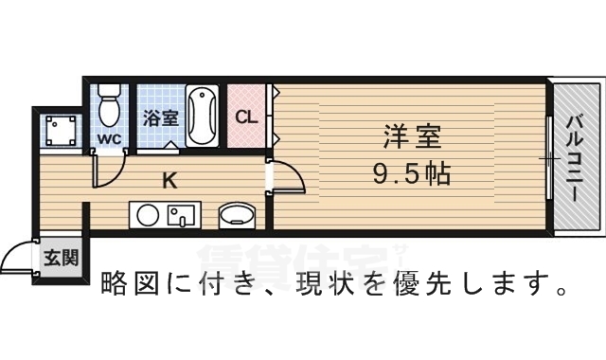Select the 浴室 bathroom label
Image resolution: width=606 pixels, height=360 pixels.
pos(161,118)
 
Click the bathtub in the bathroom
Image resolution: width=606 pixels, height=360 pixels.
pos(203,116)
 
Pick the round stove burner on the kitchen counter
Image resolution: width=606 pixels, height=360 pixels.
pos(148,216)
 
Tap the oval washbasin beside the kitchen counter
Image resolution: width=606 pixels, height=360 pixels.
pos(235,216)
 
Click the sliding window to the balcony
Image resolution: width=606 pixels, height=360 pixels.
pos(548,156)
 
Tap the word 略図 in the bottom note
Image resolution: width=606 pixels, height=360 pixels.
pos(127,283)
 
